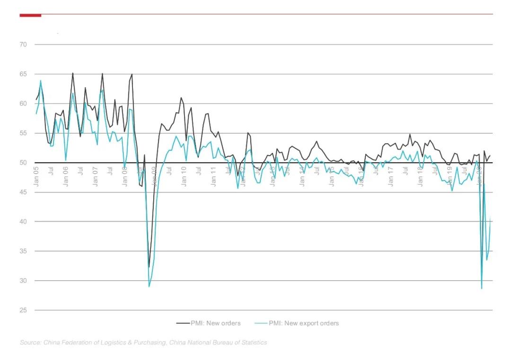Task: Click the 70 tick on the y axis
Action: coord(23,44)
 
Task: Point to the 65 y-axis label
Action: coord(23,74)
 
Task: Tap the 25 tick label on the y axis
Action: coord(23,310)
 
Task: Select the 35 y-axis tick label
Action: coord(23,251)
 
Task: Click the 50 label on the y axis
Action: coord(23,163)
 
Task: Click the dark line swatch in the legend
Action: coord(183,323)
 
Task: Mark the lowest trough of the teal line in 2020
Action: coord(482,289)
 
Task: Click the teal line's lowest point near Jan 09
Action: coord(149,287)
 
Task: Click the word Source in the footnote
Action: coord(30,342)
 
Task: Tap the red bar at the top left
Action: coord(30,15)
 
